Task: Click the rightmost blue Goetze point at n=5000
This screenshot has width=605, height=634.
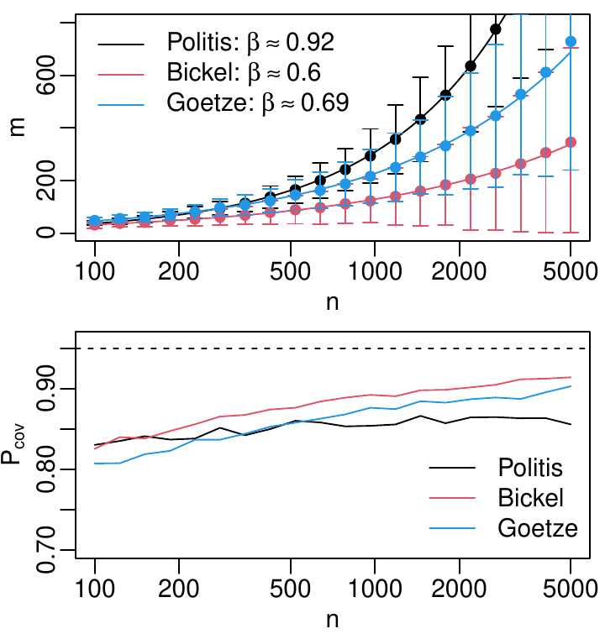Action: point(571,41)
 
